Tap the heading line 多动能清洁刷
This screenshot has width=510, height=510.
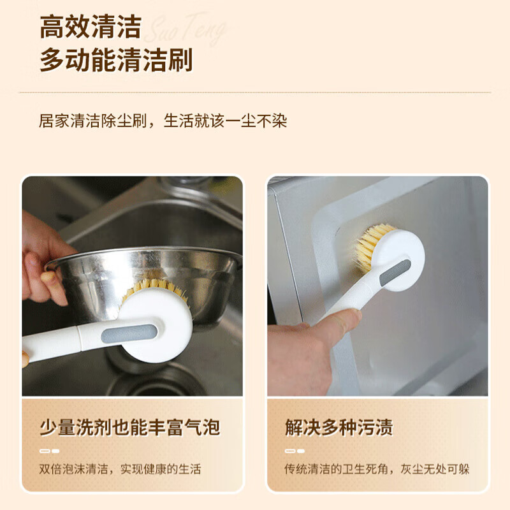click(116, 61)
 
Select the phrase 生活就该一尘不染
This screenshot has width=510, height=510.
click(225, 120)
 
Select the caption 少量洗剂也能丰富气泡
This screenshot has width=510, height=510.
click(129, 427)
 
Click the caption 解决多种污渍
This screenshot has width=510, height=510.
click(339, 427)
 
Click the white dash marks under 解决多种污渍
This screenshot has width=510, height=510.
click(295, 451)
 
